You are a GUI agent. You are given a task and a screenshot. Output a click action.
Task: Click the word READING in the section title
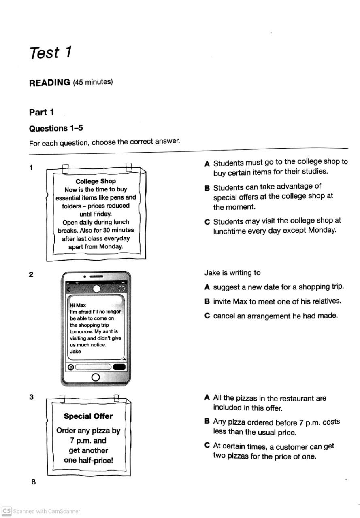(49, 83)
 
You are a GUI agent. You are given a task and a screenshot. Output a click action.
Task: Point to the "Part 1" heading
(41, 112)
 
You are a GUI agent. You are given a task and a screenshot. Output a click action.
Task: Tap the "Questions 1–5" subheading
(56, 128)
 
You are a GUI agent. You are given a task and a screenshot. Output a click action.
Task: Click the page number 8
(33, 482)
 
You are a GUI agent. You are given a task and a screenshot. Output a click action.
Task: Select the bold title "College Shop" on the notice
(96, 181)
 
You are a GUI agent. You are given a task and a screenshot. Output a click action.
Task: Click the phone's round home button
(96, 377)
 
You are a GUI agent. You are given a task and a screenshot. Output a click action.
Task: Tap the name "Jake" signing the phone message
(75, 352)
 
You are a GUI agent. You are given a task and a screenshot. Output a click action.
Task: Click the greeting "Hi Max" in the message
(78, 305)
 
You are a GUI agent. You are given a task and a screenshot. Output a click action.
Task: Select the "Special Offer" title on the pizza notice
(88, 416)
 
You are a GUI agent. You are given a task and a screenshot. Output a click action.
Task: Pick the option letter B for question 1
(207, 188)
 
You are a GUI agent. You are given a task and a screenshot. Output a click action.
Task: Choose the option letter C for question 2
(207, 316)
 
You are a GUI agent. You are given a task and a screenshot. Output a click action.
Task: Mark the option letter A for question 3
(207, 398)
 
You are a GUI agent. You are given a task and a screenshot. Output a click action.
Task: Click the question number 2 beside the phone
(31, 274)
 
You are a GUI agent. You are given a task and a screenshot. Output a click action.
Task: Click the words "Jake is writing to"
(232, 273)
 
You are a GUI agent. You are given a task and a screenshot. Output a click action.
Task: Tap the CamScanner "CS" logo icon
(6, 511)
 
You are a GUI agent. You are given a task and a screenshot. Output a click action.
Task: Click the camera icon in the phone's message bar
(71, 367)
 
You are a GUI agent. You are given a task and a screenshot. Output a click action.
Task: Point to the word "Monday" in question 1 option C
(322, 230)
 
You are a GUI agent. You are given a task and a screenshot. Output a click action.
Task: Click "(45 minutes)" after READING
(93, 82)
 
